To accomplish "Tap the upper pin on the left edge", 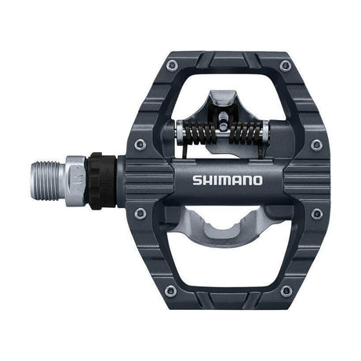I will point(139,144).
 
